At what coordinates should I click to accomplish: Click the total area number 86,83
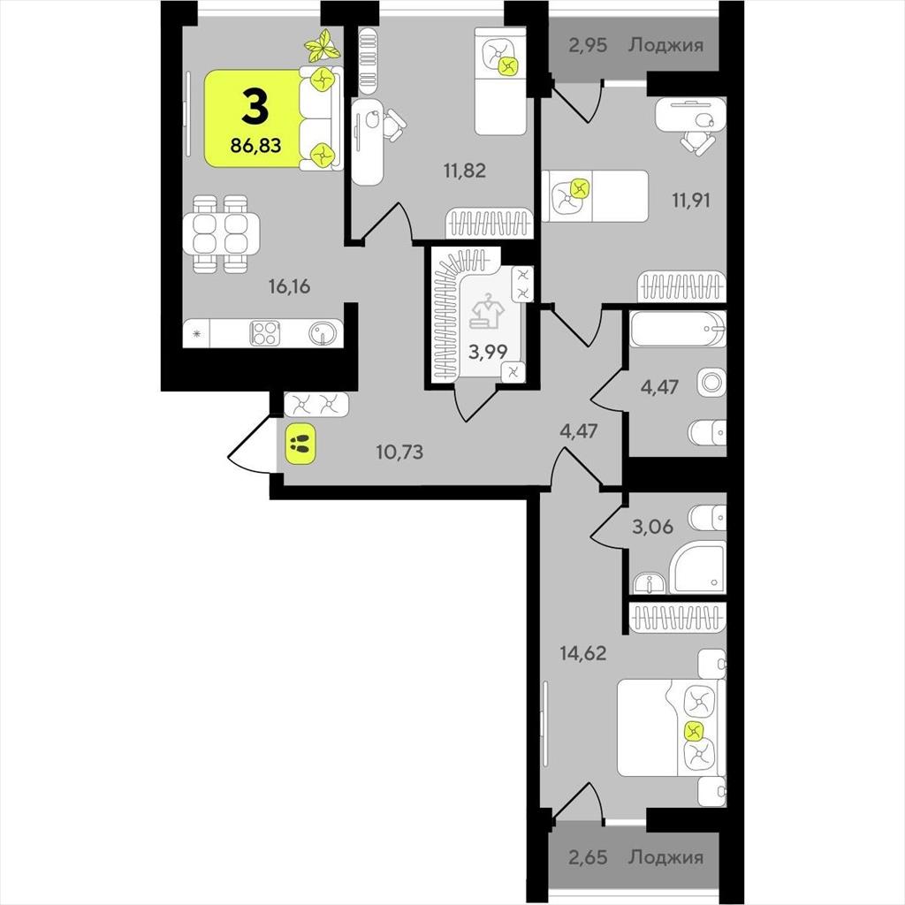(x=255, y=146)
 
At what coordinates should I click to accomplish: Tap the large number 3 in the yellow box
(x=255, y=106)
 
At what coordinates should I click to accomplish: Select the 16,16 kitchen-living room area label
(x=289, y=285)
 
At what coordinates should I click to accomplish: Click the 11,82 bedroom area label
(x=465, y=171)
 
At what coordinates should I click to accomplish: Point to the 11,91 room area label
(x=690, y=201)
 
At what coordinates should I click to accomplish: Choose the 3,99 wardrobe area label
(x=488, y=352)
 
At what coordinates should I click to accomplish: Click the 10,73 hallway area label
(x=399, y=452)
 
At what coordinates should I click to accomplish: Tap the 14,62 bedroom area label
(x=583, y=653)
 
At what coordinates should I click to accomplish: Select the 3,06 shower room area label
(x=652, y=527)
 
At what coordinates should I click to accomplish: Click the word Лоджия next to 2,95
(x=666, y=45)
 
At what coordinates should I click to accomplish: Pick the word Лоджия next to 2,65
(x=666, y=857)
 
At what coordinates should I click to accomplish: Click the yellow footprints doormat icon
(x=300, y=444)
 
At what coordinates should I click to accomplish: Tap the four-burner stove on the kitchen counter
(x=265, y=333)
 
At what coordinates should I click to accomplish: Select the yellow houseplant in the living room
(x=323, y=46)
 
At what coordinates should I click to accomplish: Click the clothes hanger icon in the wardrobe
(x=488, y=311)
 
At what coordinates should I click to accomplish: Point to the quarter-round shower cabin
(x=696, y=567)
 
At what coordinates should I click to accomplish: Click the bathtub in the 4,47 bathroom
(x=678, y=329)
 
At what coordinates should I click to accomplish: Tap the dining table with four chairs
(x=221, y=233)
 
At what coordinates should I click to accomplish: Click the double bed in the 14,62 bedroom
(x=671, y=727)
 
